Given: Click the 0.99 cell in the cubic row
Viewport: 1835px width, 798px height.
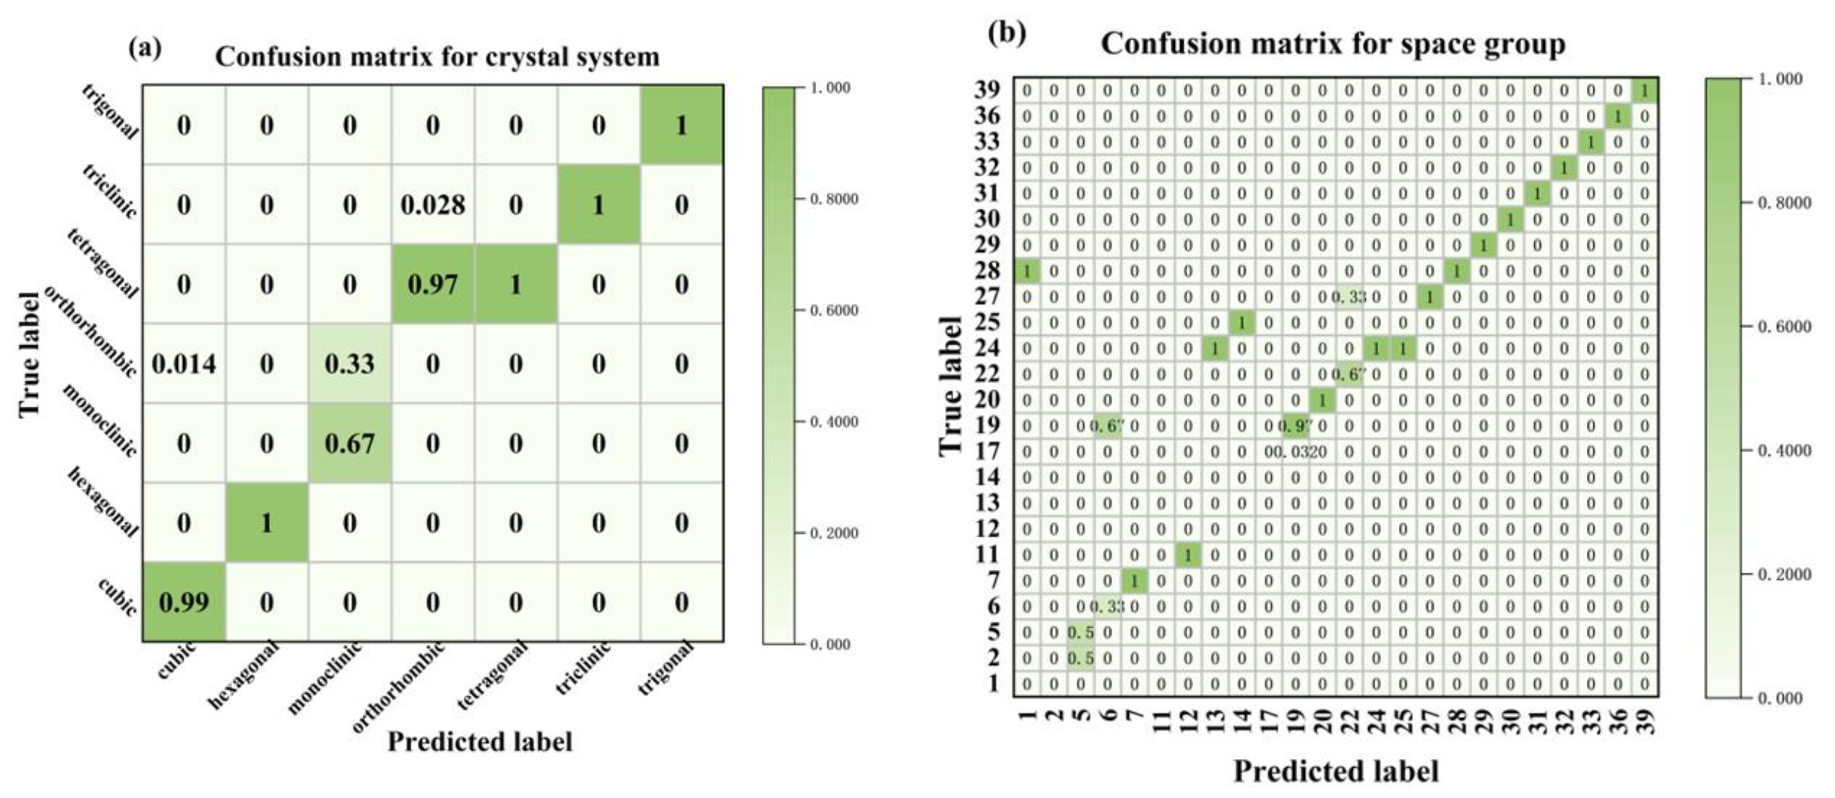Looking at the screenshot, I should click(x=184, y=603).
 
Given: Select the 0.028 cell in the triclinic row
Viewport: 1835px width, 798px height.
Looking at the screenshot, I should click(x=432, y=205).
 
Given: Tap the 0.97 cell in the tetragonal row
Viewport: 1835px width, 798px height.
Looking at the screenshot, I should click(x=432, y=285).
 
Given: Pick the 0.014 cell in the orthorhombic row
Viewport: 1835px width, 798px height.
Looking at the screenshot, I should click(x=184, y=364).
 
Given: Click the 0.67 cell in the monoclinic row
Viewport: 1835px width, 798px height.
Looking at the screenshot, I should click(x=349, y=444).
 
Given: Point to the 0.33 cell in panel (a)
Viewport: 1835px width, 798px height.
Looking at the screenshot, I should click(x=349, y=364).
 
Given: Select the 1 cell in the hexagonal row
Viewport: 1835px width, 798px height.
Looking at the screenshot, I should click(x=266, y=524).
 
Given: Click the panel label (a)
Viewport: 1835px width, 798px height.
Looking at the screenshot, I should click(x=145, y=48).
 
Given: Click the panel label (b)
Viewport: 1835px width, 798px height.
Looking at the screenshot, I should click(x=1006, y=33).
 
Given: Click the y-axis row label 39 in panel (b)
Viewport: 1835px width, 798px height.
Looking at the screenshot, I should click(x=987, y=90).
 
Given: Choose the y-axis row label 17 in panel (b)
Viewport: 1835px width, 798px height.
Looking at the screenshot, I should click(x=987, y=451).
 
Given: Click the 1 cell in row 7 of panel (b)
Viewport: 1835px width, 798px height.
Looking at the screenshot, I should click(x=1134, y=582).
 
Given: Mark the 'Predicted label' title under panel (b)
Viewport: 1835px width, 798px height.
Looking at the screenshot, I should click(x=1336, y=772).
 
